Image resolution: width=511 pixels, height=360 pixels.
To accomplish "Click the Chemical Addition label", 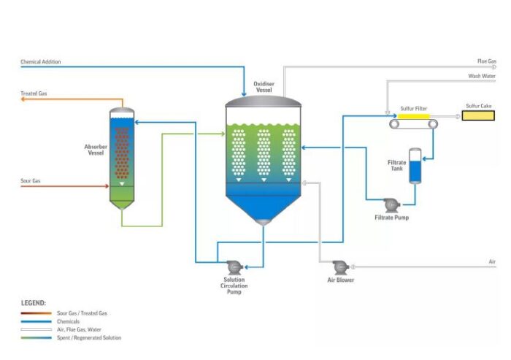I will (x=41, y=62).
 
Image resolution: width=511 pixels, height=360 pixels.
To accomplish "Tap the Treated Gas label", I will (x=34, y=93).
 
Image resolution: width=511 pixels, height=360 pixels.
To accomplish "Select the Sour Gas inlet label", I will (x=31, y=180).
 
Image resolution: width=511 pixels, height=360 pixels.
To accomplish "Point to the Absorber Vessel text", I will (x=95, y=150).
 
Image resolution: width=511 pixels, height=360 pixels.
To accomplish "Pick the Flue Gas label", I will (x=487, y=61).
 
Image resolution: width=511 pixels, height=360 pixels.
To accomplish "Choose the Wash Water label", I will (x=483, y=75).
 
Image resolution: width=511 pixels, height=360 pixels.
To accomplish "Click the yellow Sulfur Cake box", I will (x=478, y=115).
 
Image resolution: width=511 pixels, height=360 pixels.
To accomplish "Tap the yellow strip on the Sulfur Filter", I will (x=414, y=115).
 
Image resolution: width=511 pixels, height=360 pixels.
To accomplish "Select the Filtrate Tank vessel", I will (x=415, y=166).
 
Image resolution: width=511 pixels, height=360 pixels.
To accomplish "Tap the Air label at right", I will (x=492, y=261).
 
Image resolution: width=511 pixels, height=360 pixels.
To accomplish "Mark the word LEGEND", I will (x=34, y=302).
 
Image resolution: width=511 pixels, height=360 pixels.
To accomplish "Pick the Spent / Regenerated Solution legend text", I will (x=89, y=337).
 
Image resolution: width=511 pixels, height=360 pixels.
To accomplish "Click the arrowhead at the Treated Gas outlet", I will (x=23, y=102).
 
